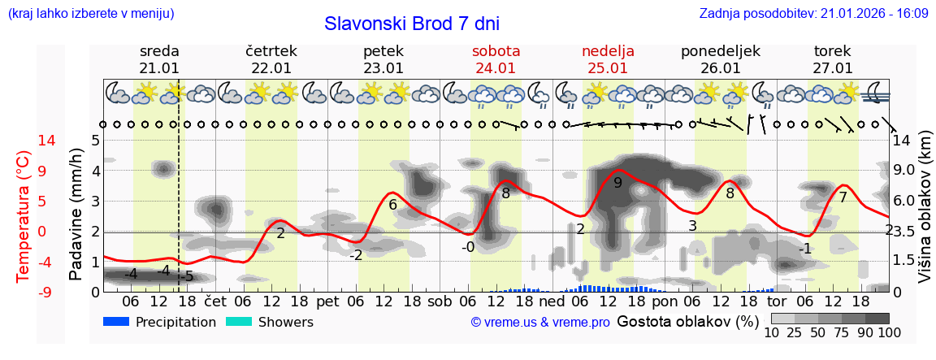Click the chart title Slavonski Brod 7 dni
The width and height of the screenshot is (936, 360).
click(x=412, y=24)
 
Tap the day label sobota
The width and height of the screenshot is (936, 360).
click(x=496, y=51)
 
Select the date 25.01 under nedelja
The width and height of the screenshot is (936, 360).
click(x=608, y=68)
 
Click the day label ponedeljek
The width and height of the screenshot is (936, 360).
click(x=720, y=51)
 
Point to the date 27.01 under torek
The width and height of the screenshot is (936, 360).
click(x=833, y=68)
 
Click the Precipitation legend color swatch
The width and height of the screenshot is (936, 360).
click(x=117, y=322)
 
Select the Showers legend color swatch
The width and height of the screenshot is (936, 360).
click(x=240, y=322)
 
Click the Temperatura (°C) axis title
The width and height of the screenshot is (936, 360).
click(x=24, y=215)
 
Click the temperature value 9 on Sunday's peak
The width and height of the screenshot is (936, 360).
click(x=617, y=183)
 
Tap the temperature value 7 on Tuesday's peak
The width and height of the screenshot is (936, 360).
click(x=843, y=197)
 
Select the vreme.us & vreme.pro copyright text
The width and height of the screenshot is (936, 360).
click(x=540, y=323)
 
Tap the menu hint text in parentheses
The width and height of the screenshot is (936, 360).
click(x=90, y=14)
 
